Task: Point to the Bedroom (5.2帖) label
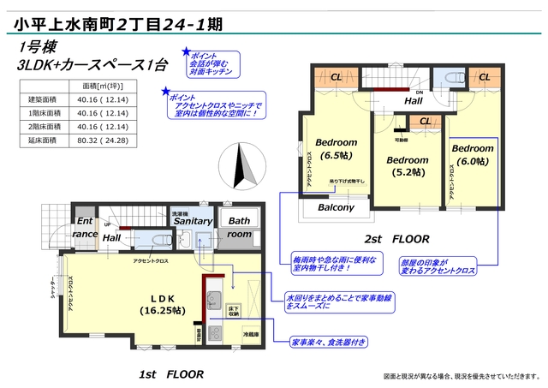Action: [406, 165]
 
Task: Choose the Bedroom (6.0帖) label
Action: [470, 155]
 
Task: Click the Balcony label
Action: [337, 207]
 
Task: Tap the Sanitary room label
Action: [193, 221]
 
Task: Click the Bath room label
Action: [239, 227]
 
